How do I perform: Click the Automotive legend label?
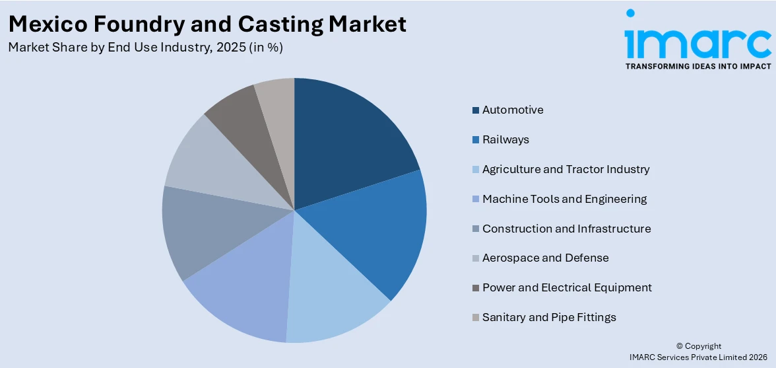[513, 110]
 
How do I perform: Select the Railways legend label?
[505, 139]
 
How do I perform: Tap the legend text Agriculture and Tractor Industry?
[566, 169]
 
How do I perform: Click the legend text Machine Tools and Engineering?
[564, 199]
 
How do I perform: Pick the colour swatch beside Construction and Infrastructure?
[476, 229]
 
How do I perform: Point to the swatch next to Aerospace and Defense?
[476, 258]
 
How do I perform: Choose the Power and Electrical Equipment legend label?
[567, 287]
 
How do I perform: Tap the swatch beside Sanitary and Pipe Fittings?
[476, 317]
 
